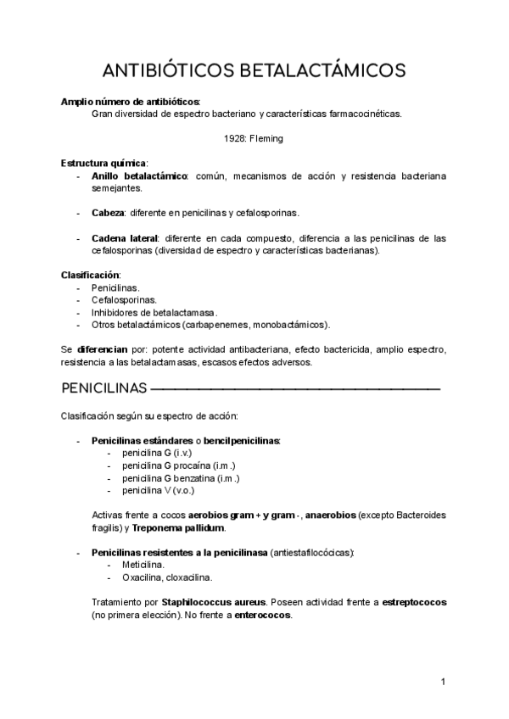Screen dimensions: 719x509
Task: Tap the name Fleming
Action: tap(266, 138)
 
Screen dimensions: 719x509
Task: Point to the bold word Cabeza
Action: tap(108, 212)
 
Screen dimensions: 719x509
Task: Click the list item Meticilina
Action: tap(143, 565)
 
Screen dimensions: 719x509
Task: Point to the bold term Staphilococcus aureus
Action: tap(210, 602)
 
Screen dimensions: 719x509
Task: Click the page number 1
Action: tap(443, 681)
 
